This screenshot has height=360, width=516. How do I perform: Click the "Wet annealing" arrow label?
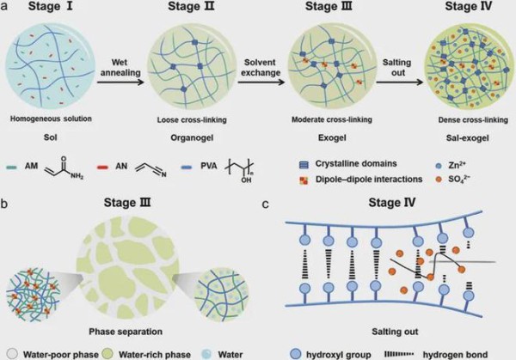(120, 67)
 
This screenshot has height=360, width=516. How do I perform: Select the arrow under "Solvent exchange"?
(261, 82)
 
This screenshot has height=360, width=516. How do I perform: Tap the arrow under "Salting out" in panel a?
(400, 82)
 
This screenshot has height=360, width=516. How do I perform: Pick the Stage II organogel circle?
(192, 67)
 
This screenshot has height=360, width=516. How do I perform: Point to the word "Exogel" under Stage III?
(332, 137)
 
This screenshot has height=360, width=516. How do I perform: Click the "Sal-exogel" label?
(467, 137)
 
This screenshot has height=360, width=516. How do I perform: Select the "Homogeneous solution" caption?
(51, 119)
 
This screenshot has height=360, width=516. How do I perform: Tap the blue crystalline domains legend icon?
(304, 164)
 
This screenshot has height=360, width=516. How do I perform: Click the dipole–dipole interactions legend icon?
(304, 180)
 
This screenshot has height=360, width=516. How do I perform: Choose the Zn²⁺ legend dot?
(438, 166)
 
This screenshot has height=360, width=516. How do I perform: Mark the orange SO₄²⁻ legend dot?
(438, 180)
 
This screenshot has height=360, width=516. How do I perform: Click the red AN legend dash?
(103, 167)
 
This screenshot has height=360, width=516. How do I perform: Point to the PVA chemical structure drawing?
(240, 170)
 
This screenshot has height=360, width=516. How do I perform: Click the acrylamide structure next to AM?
(64, 168)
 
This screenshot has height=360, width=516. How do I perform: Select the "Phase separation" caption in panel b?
(126, 332)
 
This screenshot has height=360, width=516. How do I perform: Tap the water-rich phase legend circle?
(107, 354)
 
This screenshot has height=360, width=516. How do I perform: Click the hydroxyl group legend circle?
(296, 354)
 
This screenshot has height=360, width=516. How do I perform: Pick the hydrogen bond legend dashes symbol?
(399, 354)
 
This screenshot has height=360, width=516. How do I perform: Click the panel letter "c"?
(266, 204)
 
